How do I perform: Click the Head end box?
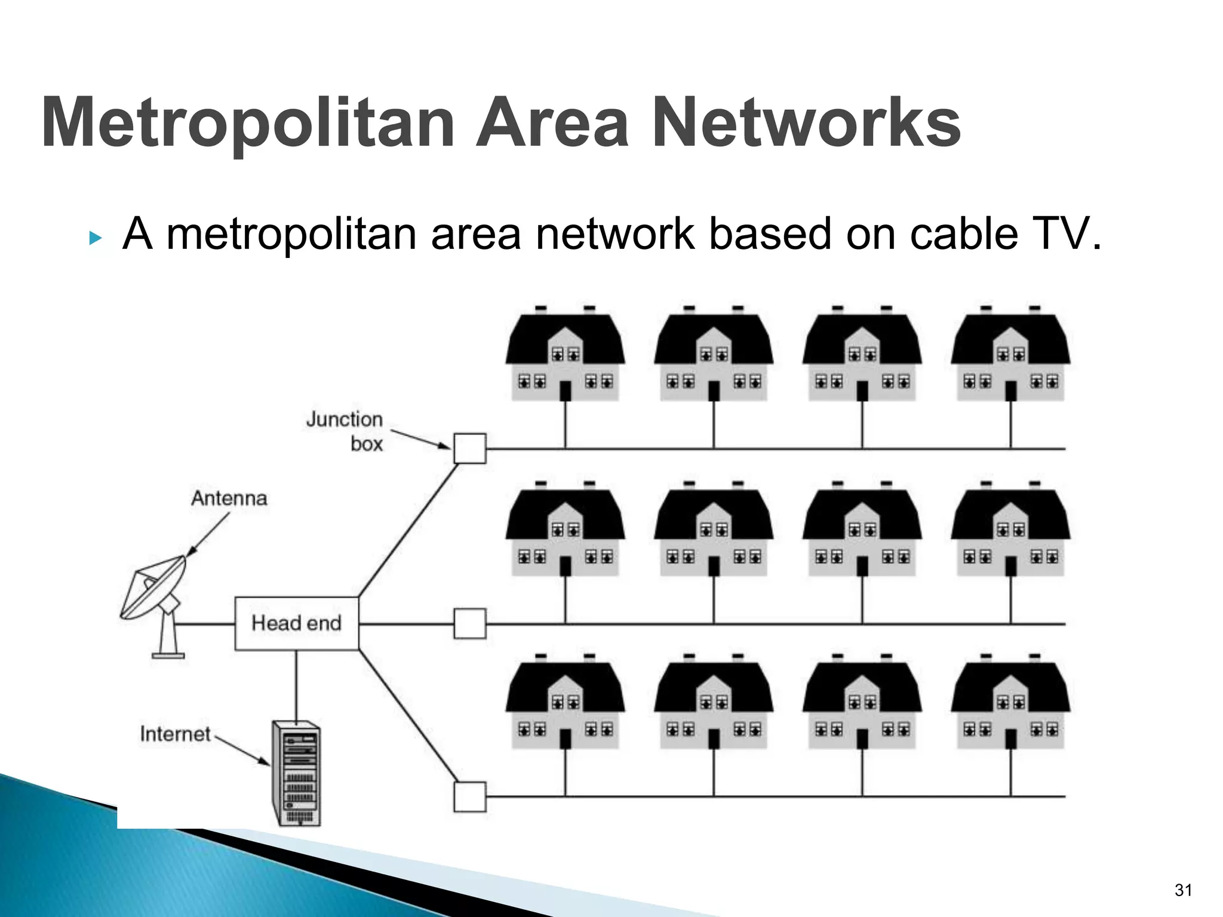click(x=296, y=623)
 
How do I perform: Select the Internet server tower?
click(x=297, y=774)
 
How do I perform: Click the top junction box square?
click(x=470, y=448)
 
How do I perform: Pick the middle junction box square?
click(x=470, y=624)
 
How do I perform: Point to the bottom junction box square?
click(x=470, y=796)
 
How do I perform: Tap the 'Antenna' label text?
click(x=229, y=498)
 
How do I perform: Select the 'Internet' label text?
click(x=176, y=734)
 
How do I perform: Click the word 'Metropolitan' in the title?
click(x=248, y=123)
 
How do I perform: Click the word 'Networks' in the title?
click(x=806, y=123)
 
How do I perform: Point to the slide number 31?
click(x=1183, y=890)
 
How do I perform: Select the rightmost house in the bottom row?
click(x=1010, y=704)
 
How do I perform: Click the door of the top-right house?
click(x=1011, y=391)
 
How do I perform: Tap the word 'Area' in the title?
click(x=552, y=123)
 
